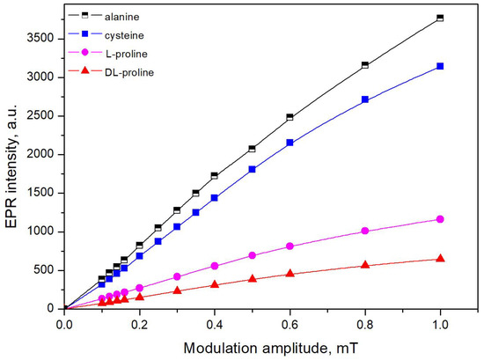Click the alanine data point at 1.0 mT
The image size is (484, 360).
[439, 18]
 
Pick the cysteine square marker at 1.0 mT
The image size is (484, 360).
[439, 66]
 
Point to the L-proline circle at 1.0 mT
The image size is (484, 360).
[439, 219]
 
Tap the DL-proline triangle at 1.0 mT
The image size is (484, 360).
[439, 258]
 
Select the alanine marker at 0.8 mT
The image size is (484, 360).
[364, 65]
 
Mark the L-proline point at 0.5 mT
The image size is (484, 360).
[252, 255]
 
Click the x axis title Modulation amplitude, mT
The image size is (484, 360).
[252, 346]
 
